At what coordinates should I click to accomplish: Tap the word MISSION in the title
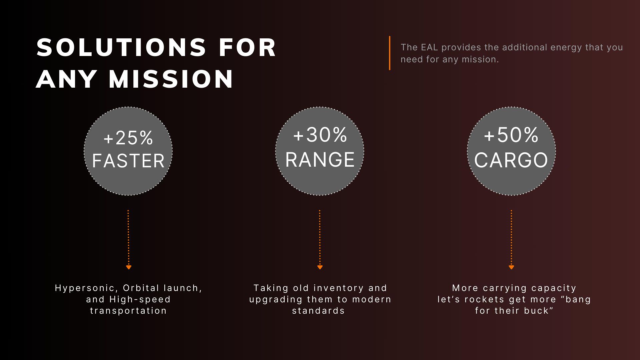point(171,79)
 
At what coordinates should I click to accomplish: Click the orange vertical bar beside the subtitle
point(389,53)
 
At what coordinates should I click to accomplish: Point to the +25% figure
point(128,138)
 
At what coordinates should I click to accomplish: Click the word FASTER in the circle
point(128,161)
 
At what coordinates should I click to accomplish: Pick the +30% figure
point(320,135)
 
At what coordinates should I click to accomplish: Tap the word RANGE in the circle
point(320,160)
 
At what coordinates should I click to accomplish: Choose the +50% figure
point(511,135)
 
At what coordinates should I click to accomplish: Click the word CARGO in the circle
point(511,160)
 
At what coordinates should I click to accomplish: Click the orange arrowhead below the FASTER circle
point(129,267)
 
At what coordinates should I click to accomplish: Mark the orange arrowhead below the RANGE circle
point(320,267)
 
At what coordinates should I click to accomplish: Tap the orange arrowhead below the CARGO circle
point(511,267)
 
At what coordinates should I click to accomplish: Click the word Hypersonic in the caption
point(85,288)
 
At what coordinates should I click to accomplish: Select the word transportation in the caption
point(128,311)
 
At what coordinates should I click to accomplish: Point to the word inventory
point(339,288)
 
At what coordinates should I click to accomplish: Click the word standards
point(318,311)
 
